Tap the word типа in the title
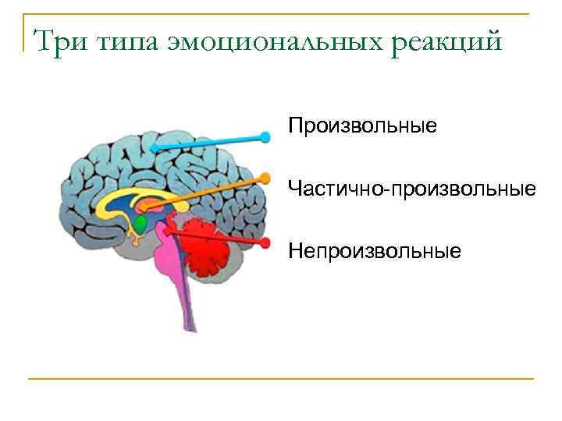click(x=126, y=41)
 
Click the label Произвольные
click(x=362, y=126)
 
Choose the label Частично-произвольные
click(x=412, y=189)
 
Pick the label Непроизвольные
click(x=375, y=251)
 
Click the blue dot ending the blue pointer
click(x=265, y=137)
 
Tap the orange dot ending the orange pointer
click(x=265, y=179)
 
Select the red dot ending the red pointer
click(x=265, y=242)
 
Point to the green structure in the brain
click(x=140, y=224)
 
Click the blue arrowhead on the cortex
click(x=154, y=147)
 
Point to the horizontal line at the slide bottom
click(x=281, y=379)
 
